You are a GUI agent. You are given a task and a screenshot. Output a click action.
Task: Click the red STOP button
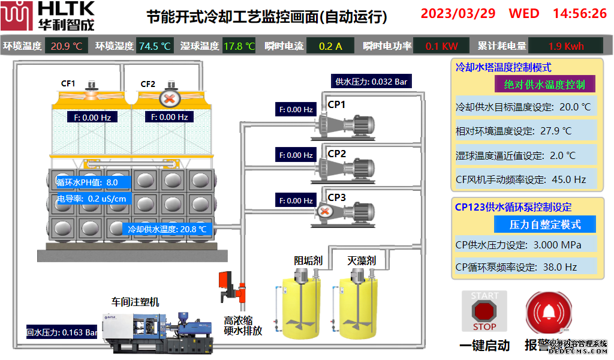point(484,311)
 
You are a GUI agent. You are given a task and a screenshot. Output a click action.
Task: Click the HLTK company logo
point(47,16)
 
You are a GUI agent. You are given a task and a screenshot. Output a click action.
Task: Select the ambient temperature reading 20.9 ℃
point(67,46)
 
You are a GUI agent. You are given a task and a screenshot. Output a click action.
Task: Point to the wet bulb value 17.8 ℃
point(239,46)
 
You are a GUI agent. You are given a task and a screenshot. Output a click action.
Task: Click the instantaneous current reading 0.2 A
point(330,46)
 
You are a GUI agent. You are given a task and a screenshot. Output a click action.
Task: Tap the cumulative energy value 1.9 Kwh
point(565,46)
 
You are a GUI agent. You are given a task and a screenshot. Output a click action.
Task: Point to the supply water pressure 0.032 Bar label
point(371,82)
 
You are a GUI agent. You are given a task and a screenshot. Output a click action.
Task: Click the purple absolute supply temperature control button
point(544,84)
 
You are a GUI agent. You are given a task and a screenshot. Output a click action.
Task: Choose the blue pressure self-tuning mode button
point(544,224)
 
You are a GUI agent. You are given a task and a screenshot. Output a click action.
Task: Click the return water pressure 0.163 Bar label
point(62,332)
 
